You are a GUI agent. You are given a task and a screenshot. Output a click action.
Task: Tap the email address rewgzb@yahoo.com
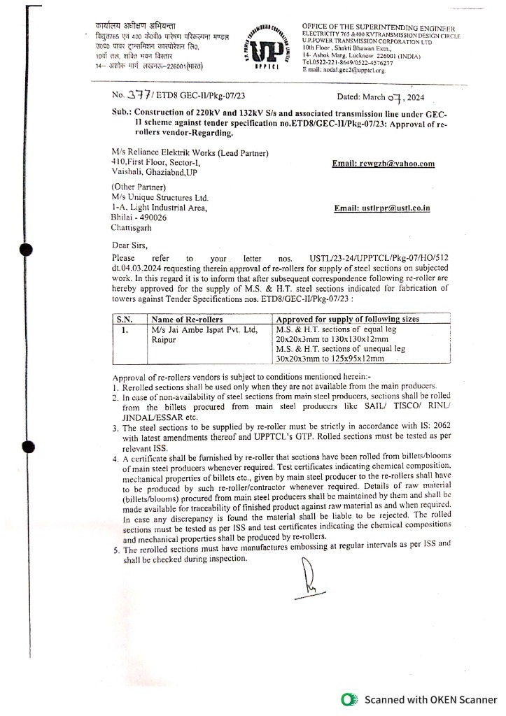coord(384,164)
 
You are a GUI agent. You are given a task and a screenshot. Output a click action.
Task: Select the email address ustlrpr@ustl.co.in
coord(382,208)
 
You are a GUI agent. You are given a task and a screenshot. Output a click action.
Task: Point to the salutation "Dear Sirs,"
coord(130,245)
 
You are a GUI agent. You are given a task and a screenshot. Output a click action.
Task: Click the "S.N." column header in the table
coord(124,319)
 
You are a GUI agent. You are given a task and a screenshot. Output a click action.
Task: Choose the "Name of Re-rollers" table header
coord(183,319)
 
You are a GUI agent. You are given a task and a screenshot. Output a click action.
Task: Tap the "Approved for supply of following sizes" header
coord(348,319)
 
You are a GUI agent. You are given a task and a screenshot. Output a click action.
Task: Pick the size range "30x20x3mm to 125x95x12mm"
coord(330,358)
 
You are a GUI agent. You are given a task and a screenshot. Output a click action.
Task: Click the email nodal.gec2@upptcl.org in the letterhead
coord(344,70)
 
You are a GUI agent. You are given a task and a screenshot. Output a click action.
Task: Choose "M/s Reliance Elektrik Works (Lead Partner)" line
coord(190,153)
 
